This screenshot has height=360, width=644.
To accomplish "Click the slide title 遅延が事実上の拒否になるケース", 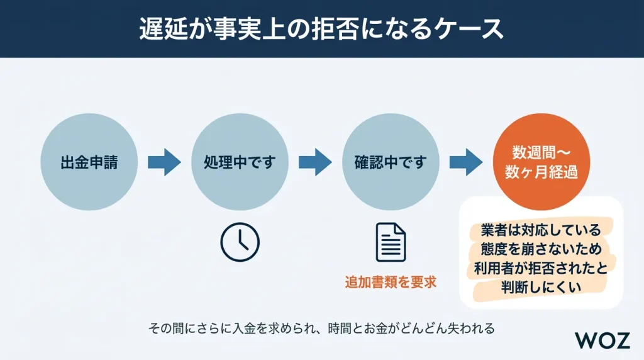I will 321,29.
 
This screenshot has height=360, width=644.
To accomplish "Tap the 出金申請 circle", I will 89,162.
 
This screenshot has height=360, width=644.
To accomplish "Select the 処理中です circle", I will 240,162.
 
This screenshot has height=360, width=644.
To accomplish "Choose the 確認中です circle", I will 391,162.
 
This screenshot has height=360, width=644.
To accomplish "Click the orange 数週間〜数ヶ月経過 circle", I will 541,162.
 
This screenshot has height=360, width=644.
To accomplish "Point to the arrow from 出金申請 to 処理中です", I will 164,162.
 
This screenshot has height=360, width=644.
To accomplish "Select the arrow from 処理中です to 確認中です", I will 315,162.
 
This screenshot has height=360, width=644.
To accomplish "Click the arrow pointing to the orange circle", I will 466,162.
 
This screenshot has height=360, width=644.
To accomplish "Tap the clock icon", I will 240,242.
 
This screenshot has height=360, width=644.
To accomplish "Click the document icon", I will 391,242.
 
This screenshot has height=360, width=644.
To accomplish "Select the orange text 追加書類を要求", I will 391,282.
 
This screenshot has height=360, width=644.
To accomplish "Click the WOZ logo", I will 602,340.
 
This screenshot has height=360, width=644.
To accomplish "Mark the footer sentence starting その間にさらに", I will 321,328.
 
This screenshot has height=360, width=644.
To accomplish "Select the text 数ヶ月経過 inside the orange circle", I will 541,173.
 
